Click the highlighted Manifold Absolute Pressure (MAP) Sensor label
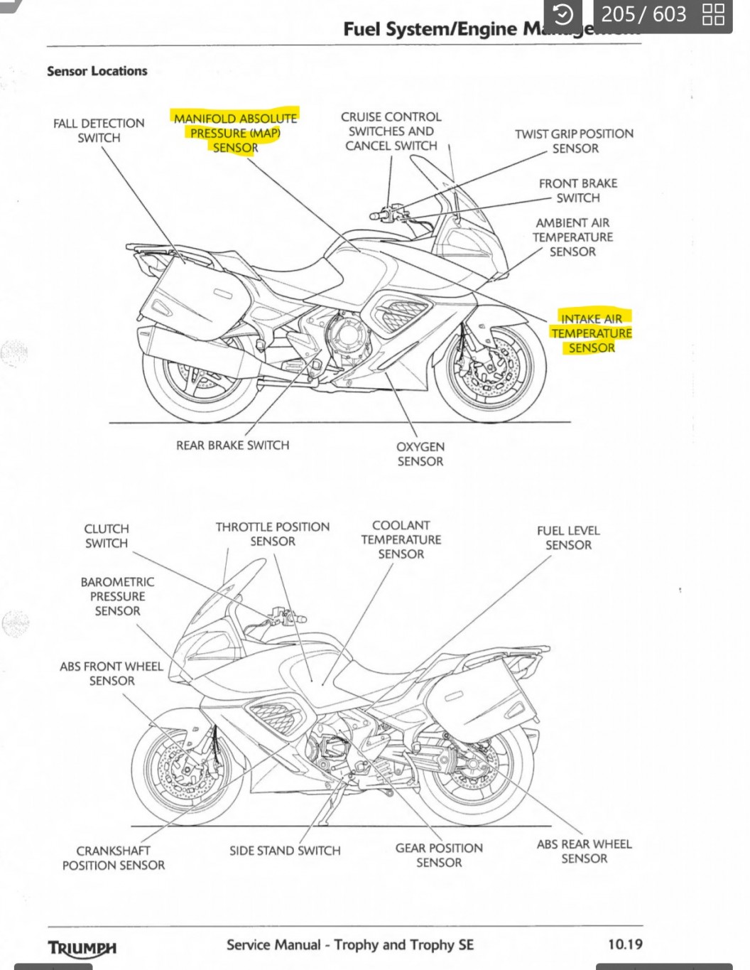coord(235,133)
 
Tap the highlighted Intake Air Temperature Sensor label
coord(591,333)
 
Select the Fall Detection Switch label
coord(99,131)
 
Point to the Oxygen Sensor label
coord(420,454)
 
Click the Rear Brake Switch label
coord(232,446)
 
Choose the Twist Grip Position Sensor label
coord(574,141)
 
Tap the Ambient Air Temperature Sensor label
coord(572,237)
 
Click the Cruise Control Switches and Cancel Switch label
coord(391,131)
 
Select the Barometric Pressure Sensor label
coord(117,596)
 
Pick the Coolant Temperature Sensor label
coord(401,539)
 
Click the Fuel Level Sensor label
coord(568,538)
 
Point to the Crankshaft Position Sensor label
coord(113,858)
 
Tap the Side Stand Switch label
coord(285,851)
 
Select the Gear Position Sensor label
coord(439,855)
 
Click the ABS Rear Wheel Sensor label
coord(584,851)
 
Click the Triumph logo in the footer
coord(82,948)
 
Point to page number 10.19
coord(625,944)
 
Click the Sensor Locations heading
coord(97,71)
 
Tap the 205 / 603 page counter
coord(643,14)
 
